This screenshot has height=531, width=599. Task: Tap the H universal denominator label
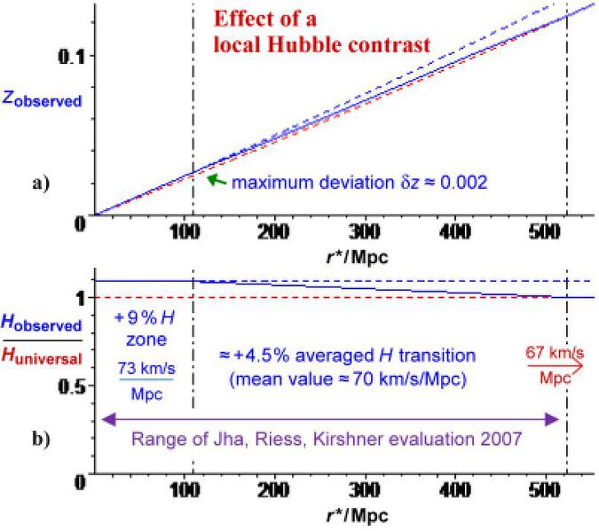click(x=45, y=358)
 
